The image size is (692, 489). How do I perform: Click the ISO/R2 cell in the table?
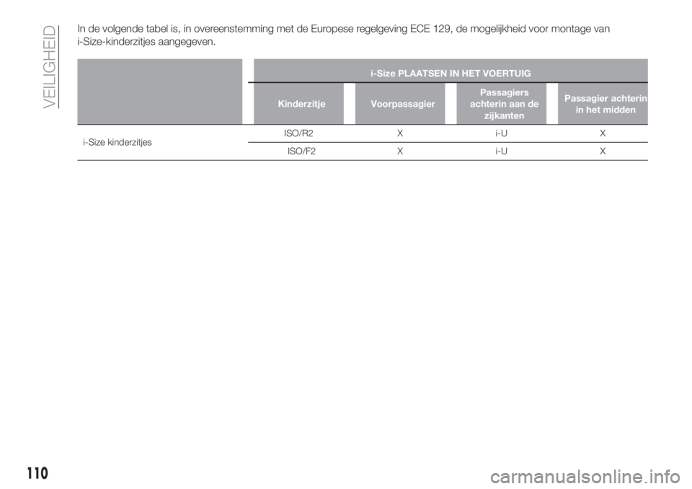pyautogui.click(x=298, y=133)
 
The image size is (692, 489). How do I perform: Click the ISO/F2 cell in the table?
pyautogui.click(x=301, y=151)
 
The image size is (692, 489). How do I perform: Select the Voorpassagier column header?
pyautogui.click(x=403, y=105)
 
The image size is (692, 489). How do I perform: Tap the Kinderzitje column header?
pyautogui.click(x=301, y=105)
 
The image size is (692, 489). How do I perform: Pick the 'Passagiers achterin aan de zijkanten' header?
pyautogui.click(x=504, y=104)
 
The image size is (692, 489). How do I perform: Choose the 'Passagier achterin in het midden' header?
pyautogui.click(x=605, y=104)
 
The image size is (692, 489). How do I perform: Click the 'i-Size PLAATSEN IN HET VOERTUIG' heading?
pyautogui.click(x=451, y=74)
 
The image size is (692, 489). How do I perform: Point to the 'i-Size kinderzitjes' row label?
pyautogui.click(x=117, y=142)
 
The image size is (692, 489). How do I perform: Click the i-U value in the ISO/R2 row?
pyautogui.click(x=501, y=133)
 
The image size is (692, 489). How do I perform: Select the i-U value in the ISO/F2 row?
pyautogui.click(x=501, y=151)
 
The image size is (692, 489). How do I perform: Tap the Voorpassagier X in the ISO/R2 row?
pyautogui.click(x=399, y=133)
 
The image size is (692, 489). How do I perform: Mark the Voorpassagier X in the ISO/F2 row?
pyautogui.click(x=399, y=151)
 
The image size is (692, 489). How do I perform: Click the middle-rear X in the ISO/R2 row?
pyautogui.click(x=603, y=133)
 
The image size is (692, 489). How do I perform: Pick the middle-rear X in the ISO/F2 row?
pyautogui.click(x=603, y=151)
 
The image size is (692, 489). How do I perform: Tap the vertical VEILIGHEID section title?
pyautogui.click(x=50, y=66)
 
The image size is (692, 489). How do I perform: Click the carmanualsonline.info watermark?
pyautogui.click(x=585, y=477)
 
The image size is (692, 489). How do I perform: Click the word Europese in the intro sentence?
pyautogui.click(x=331, y=30)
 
